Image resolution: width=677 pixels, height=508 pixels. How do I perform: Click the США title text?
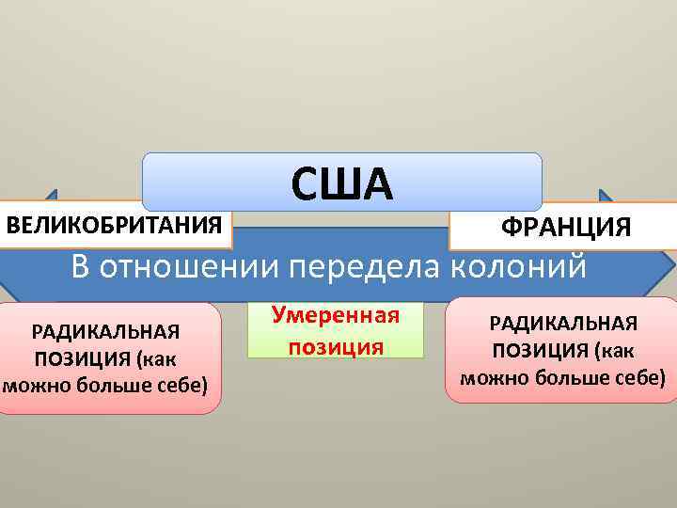tap(342, 183)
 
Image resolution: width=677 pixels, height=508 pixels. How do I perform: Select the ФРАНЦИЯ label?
tap(565, 228)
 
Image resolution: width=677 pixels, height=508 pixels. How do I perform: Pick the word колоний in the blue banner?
tap(520, 266)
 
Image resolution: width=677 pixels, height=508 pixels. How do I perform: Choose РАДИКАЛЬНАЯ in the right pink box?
tap(563, 323)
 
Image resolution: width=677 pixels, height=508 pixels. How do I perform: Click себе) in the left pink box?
tap(183, 385)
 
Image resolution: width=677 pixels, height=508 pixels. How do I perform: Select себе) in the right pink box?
tap(640, 377)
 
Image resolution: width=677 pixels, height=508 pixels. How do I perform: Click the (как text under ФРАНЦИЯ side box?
tap(618, 351)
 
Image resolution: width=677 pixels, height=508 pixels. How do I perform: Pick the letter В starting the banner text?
tap(80, 266)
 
